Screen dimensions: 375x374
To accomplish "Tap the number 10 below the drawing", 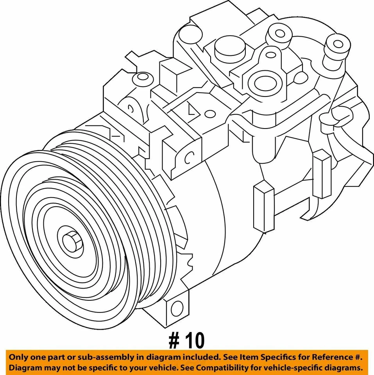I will coord(193,341).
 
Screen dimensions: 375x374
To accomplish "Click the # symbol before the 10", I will coord(174,341).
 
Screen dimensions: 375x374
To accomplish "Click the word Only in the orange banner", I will coord(19,357).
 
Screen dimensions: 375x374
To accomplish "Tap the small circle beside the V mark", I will coord(210,114).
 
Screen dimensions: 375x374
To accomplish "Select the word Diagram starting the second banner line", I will coord(24,368).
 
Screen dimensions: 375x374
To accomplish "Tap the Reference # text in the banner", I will coord(337,357).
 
